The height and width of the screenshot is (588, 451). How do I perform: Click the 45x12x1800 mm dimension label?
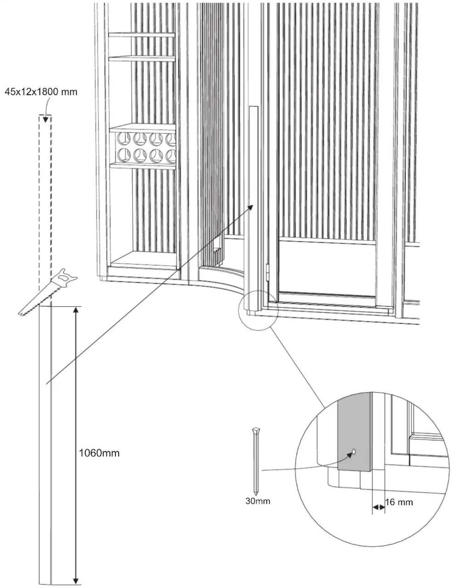pos(41,92)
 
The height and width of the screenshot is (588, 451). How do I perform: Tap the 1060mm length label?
pos(99,453)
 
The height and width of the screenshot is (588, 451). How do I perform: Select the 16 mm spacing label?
pos(399,502)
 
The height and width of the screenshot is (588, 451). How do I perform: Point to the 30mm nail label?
pos(258,501)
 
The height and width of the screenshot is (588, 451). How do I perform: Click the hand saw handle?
pos(66,277)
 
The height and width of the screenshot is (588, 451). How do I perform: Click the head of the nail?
pos(256,431)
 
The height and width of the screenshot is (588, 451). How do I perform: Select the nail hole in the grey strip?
pos(354,451)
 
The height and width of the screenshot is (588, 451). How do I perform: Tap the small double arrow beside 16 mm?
pos(378,507)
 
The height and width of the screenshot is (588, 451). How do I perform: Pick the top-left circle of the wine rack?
pos(123,139)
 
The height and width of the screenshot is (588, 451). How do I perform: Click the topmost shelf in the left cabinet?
pos(142,35)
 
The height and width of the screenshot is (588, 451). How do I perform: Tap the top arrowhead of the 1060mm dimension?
pos(76,310)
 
